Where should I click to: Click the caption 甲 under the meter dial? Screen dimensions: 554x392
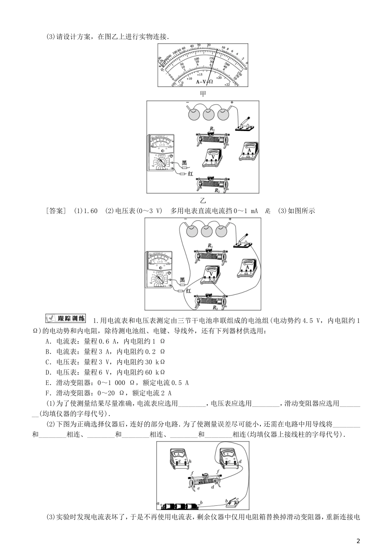pyautogui.click(x=203, y=93)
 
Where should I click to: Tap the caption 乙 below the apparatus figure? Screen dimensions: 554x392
pyautogui.click(x=203, y=200)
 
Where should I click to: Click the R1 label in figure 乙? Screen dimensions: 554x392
pyautogui.click(x=212, y=129)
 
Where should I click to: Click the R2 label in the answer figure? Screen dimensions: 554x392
pyautogui.click(x=215, y=307)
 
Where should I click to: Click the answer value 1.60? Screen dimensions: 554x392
pyautogui.click(x=90, y=211)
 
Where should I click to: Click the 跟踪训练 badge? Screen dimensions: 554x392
pyautogui.click(x=65, y=318)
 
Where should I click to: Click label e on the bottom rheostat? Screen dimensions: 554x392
pyautogui.click(x=198, y=488)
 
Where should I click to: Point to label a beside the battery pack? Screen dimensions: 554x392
pyautogui.click(x=158, y=503)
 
